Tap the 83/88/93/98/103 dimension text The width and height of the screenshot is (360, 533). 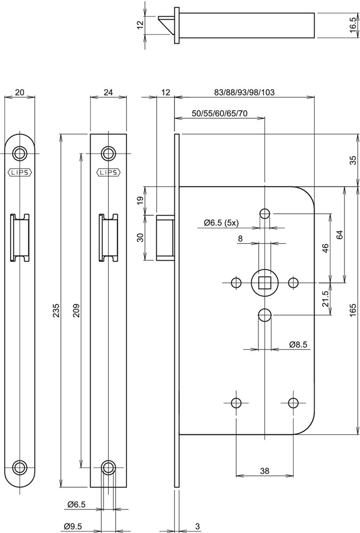[244, 92]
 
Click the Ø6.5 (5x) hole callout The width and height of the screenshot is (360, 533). [223, 222]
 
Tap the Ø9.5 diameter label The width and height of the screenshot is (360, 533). [71, 527]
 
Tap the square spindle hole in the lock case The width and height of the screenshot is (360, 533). [264, 282]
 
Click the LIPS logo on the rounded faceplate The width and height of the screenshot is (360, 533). [20, 172]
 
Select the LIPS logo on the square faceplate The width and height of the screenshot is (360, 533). [109, 172]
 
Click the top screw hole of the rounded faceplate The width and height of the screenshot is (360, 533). [20, 154]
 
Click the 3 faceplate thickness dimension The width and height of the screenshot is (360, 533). [197, 527]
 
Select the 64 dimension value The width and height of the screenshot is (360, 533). [339, 235]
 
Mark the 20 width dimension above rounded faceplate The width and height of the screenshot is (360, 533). [20, 92]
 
